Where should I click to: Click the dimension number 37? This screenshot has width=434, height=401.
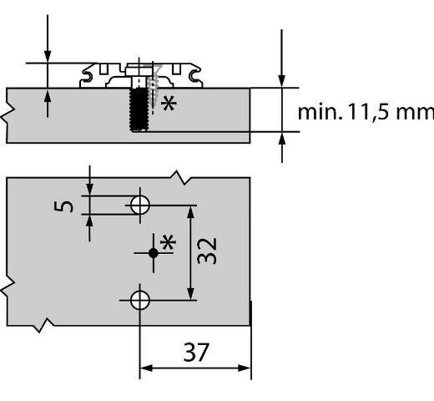coord(196,352)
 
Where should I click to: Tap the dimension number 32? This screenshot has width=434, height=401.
coord(206,251)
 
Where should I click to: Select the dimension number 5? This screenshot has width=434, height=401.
coord(63,206)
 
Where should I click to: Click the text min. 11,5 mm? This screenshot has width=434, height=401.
coord(366,112)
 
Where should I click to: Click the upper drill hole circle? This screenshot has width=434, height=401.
coord(140,206)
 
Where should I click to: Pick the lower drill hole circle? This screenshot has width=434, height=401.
coord(140,300)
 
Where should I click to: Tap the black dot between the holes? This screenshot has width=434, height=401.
coord(154,253)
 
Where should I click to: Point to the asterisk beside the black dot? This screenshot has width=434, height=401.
coord(168,242)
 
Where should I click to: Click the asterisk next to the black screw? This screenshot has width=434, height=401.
coord(169,104)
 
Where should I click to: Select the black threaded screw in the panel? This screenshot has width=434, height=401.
coord(139,109)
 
